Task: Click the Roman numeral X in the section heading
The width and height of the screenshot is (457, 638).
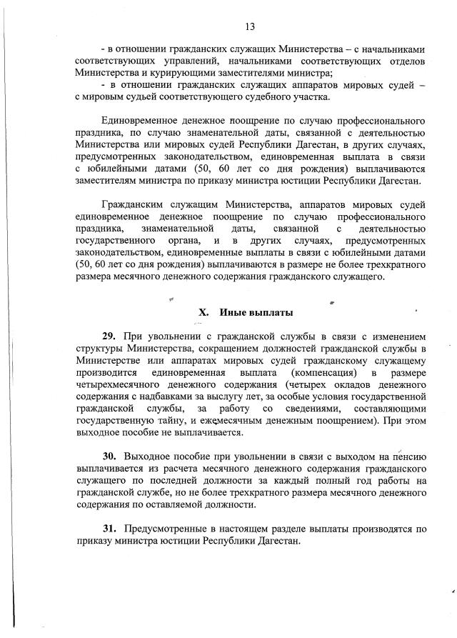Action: coord(202,312)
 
